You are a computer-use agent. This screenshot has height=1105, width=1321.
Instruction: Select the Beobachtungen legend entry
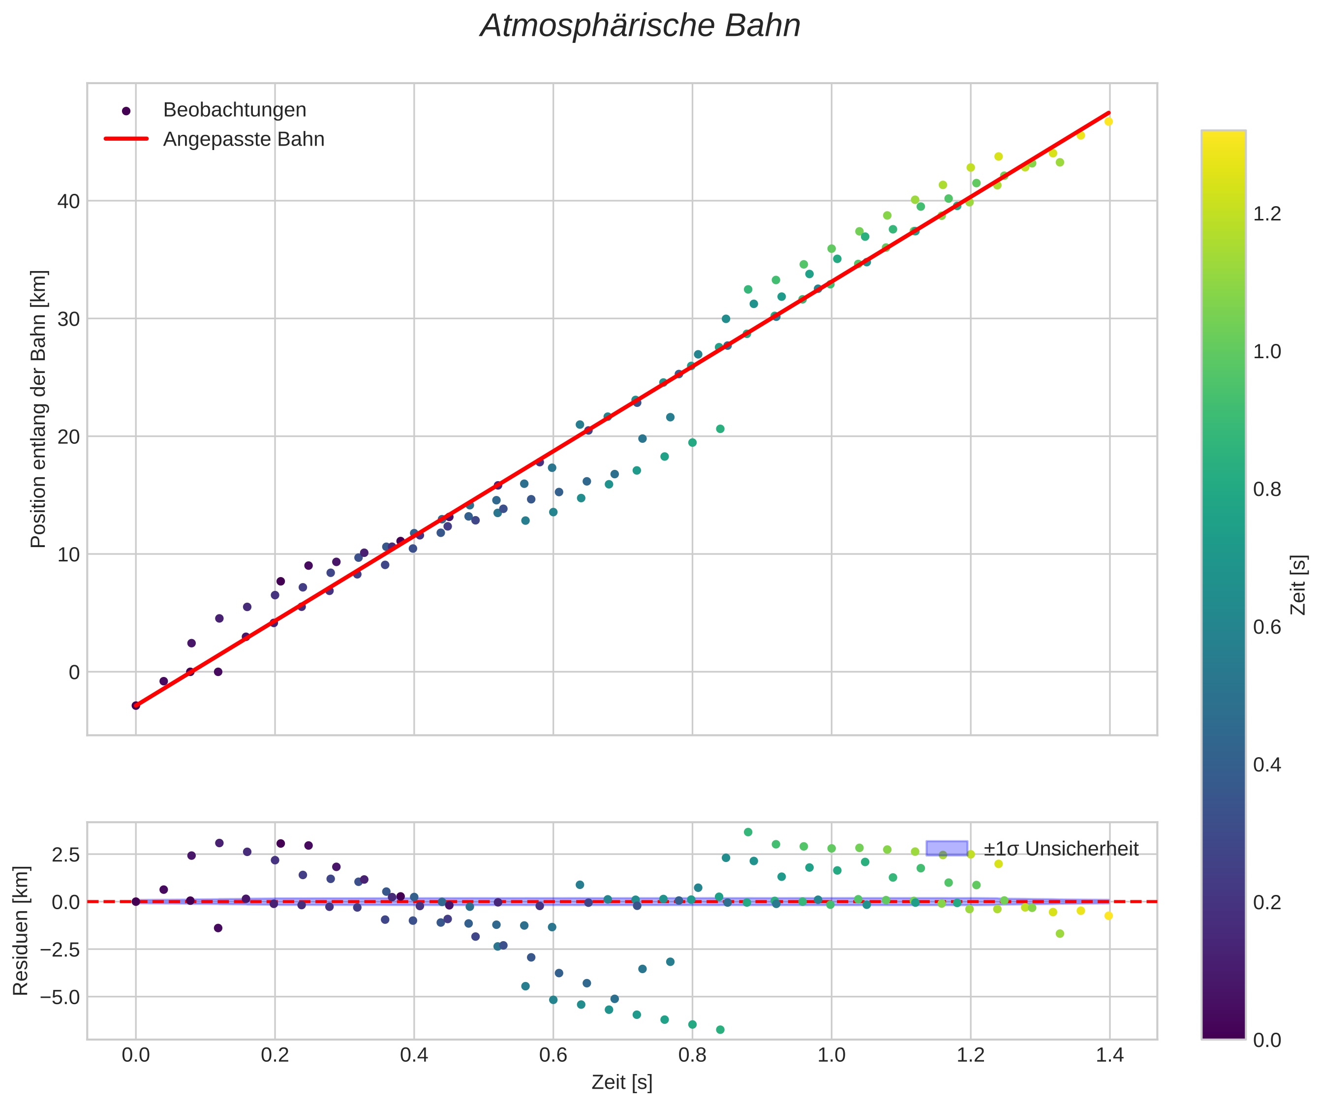pyautogui.click(x=234, y=110)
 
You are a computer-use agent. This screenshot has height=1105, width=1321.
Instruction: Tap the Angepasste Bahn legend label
pyautogui.click(x=244, y=139)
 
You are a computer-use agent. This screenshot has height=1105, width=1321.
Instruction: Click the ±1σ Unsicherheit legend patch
pyautogui.click(x=946, y=848)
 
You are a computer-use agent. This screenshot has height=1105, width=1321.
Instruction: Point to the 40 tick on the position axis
pyautogui.click(x=69, y=201)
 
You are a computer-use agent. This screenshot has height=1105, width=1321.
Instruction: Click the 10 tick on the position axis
pyautogui.click(x=69, y=554)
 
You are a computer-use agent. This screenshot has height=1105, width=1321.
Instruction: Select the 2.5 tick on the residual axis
pyautogui.click(x=65, y=855)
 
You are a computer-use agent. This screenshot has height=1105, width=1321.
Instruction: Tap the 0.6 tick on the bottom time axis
pyautogui.click(x=553, y=1053)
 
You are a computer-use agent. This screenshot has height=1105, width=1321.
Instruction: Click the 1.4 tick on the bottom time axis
pyautogui.click(x=1109, y=1053)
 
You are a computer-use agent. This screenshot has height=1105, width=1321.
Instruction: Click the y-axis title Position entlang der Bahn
pyautogui.click(x=39, y=409)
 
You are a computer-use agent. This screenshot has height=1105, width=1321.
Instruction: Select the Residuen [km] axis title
pyautogui.click(x=21, y=931)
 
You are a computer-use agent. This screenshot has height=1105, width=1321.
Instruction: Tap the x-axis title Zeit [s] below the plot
pyautogui.click(x=621, y=1082)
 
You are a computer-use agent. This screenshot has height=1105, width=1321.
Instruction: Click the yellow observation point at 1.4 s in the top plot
pyautogui.click(x=1108, y=122)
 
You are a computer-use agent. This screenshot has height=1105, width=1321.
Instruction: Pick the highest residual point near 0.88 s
pyautogui.click(x=748, y=832)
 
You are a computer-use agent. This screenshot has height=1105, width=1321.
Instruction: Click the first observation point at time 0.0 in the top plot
pyautogui.click(x=136, y=706)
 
